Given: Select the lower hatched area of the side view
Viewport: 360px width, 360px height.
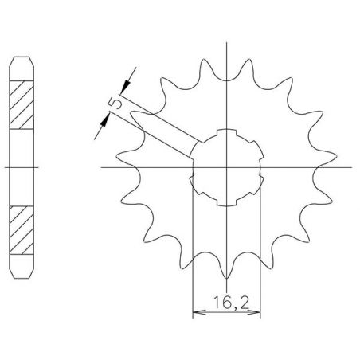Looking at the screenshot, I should (23, 230).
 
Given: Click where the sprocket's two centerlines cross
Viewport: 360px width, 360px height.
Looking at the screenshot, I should (228, 167).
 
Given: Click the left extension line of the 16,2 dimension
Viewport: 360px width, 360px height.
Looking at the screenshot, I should (194, 255).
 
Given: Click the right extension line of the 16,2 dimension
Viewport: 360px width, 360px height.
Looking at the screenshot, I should (261, 255).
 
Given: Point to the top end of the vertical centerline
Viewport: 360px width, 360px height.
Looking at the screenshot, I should (228, 41).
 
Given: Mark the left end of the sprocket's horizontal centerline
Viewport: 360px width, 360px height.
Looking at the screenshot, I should (103, 167).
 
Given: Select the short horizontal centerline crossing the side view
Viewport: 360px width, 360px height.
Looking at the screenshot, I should (23, 167).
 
